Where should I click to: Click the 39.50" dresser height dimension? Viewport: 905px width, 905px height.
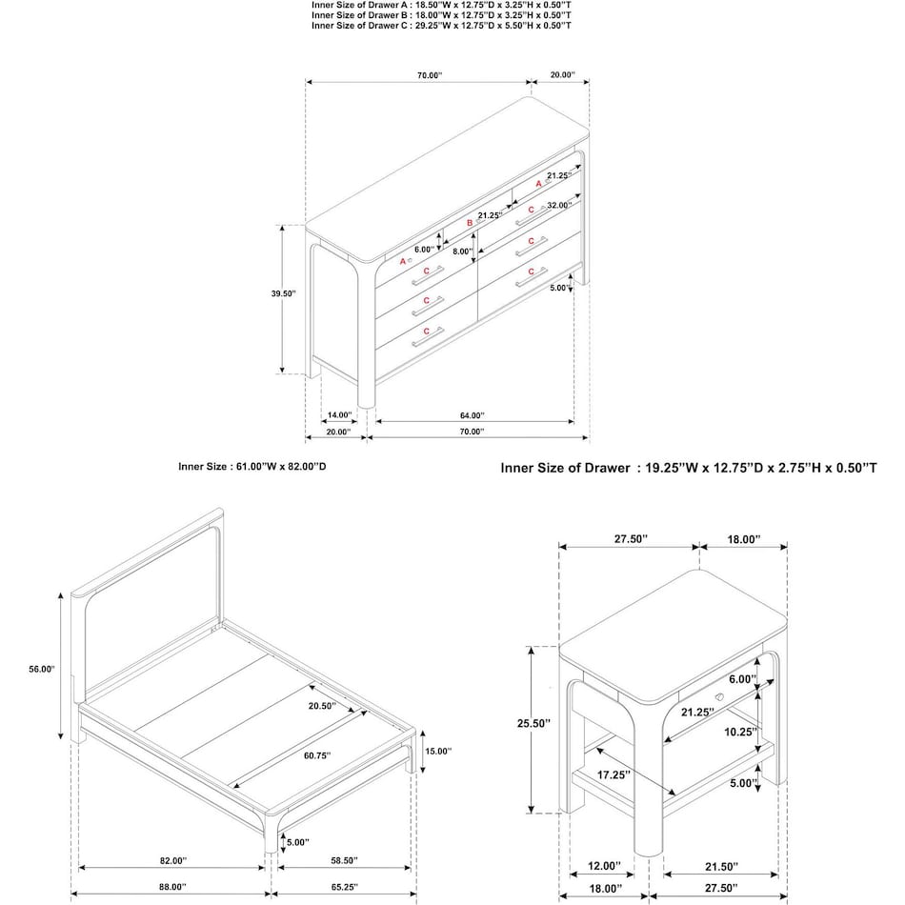pos(283,294)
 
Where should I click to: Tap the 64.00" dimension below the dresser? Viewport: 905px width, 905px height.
pos(472,415)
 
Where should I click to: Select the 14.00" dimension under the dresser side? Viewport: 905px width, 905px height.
pos(339,415)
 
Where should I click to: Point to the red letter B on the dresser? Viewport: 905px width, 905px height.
pos(470,223)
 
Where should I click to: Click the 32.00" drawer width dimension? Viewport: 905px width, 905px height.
pos(558,205)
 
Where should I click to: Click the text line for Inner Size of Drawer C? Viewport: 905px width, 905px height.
pos(441,26)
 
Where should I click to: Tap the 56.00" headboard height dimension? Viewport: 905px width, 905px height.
pos(43,670)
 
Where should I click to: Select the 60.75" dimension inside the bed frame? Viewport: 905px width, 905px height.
pos(316,755)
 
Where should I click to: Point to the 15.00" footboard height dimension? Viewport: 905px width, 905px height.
pos(437,751)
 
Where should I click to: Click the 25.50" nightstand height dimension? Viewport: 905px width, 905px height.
pos(533,724)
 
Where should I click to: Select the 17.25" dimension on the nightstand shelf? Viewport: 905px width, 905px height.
pos(614,774)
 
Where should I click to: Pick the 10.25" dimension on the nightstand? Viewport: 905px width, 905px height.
pos(741,733)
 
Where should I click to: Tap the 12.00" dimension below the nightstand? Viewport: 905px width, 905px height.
pos(604,866)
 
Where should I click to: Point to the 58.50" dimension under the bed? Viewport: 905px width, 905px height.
pos(345,860)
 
